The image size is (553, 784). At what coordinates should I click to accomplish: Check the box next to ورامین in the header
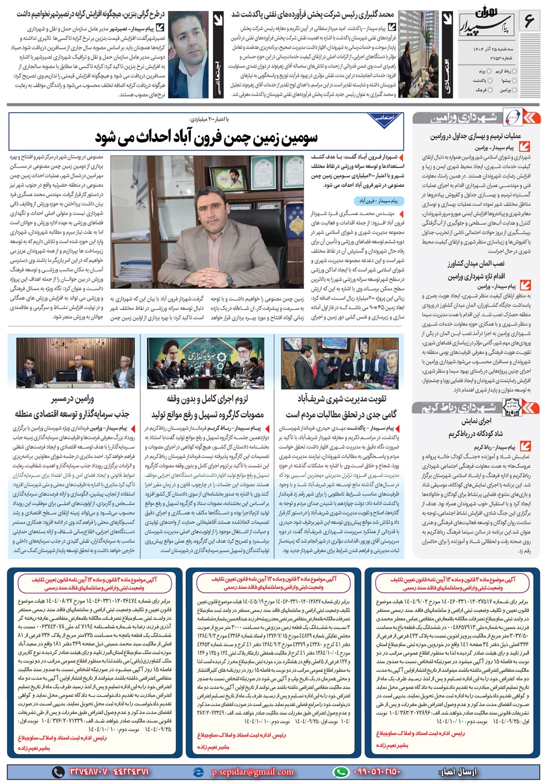(514, 90)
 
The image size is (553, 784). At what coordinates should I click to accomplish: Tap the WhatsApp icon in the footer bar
(341, 772)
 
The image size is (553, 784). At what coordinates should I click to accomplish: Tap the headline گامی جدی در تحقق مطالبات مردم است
(341, 414)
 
